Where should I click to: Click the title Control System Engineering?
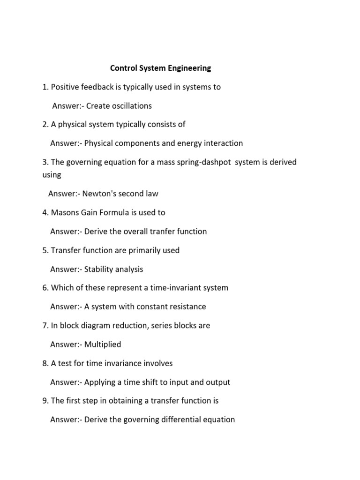(x=160, y=68)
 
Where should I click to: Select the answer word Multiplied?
(x=103, y=345)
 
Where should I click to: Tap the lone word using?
(x=52, y=175)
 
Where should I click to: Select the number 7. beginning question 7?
(x=45, y=325)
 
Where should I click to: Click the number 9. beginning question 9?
(x=45, y=401)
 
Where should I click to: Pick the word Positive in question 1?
(x=66, y=87)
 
